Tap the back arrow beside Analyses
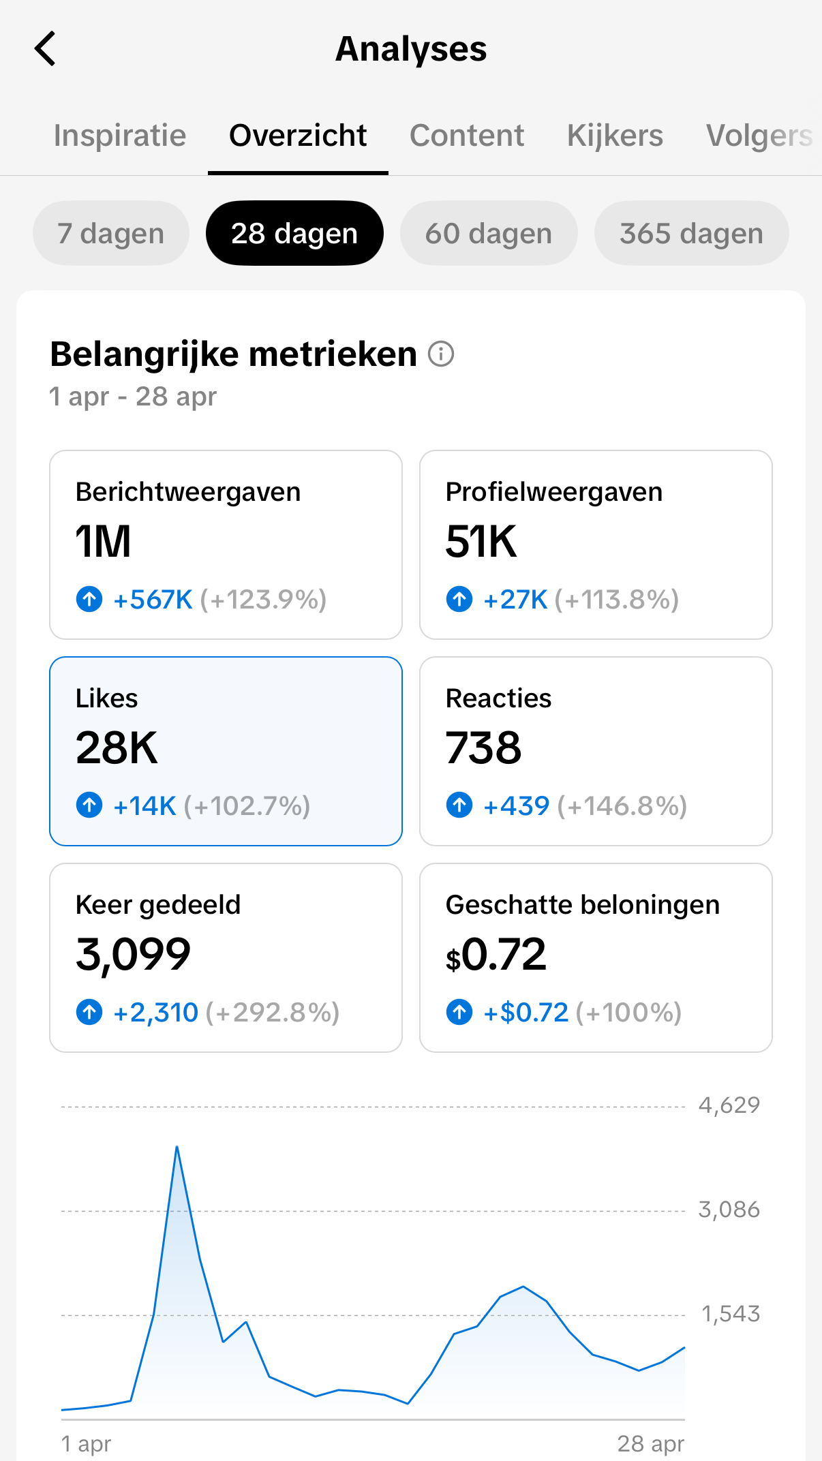coord(45,49)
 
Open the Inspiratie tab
coord(120,135)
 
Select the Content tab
coord(467,135)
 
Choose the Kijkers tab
coord(615,135)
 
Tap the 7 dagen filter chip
coord(111,233)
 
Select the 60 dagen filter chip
coord(489,233)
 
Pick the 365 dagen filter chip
coord(691,233)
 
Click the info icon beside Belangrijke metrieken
coord(441,354)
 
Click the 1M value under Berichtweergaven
coord(103,542)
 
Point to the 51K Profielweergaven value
coord(481,542)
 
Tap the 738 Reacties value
coord(483,748)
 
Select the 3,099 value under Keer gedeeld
coord(134,955)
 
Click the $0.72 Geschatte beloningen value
coord(496,955)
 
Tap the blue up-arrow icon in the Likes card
coord(89,805)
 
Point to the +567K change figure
coord(153,600)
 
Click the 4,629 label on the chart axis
coord(729,1105)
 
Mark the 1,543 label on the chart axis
coord(731,1313)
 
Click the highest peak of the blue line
coord(177,1147)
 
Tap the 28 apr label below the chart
coord(651,1443)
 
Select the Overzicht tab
coord(298,135)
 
